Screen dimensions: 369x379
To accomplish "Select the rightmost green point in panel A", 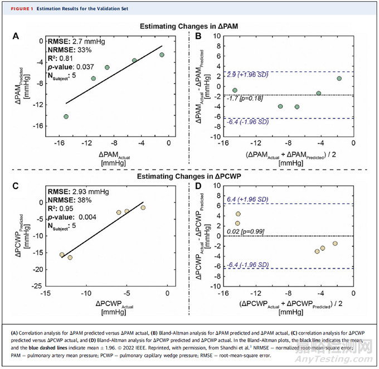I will (162, 55).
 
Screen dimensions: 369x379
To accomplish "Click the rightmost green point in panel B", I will (339, 79).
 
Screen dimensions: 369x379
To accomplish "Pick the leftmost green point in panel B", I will (235, 90).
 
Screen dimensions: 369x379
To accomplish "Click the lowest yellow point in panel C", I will (70, 258).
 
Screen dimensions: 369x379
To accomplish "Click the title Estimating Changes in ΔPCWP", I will (188, 178).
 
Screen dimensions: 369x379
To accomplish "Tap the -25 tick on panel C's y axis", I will (39, 285).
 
